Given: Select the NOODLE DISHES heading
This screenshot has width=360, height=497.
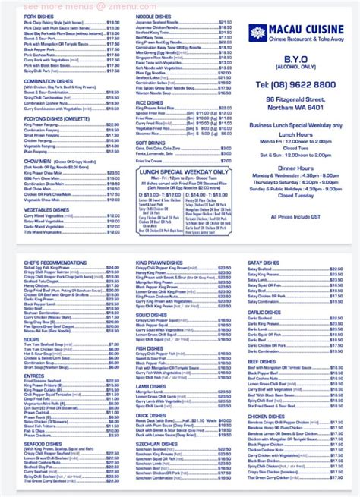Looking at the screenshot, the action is coord(154,15).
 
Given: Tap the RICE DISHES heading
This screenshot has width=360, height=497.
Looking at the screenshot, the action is coord(149,102).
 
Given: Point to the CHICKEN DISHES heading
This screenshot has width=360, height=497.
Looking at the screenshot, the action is coord(266,415).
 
